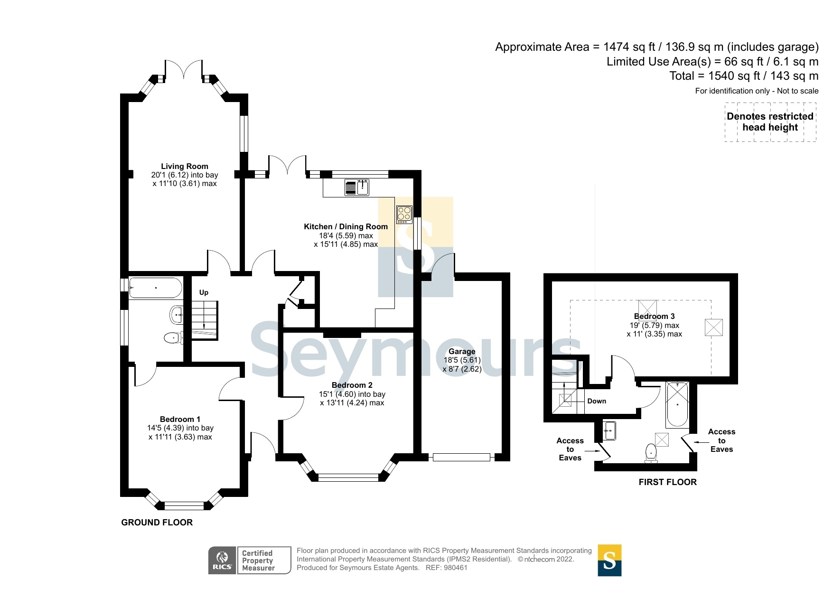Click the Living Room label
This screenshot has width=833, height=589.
point(184,166)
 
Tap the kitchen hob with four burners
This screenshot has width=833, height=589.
point(404,215)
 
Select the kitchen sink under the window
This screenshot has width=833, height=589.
point(363,188)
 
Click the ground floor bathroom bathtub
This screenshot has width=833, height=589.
point(155,288)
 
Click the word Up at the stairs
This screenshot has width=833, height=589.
point(204,292)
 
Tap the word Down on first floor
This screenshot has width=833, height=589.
point(597,401)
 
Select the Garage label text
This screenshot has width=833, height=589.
point(462,351)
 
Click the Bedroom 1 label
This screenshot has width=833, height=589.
point(180,419)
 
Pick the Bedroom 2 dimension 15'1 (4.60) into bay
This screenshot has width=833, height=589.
point(352,394)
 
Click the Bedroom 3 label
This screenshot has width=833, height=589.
point(654,316)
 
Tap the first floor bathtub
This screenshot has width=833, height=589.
point(677,404)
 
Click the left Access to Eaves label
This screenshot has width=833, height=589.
point(570,449)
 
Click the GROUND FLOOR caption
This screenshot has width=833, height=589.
point(157,522)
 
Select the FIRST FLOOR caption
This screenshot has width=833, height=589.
point(667,482)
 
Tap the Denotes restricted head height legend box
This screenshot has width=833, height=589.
point(770,122)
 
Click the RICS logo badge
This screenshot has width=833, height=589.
point(222,560)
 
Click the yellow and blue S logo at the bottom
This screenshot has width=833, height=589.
point(609,560)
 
